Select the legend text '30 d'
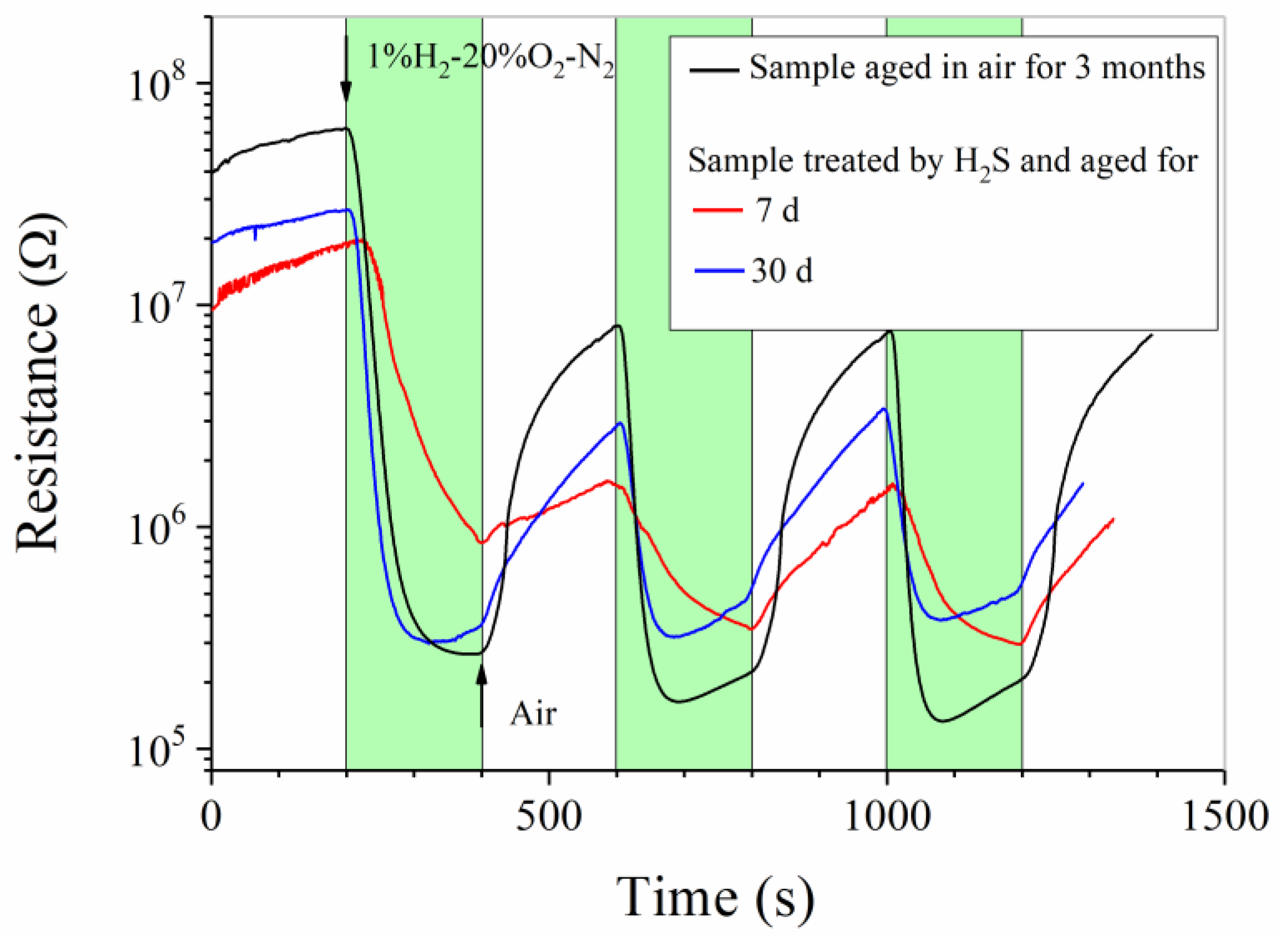[x=782, y=270]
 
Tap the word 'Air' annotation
[x=533, y=714]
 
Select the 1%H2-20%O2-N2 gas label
[x=490, y=58]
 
